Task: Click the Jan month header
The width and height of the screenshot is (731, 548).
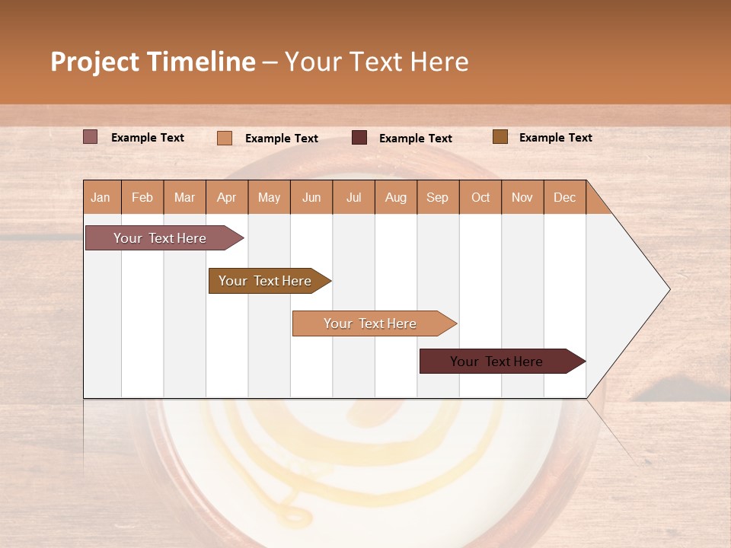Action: [101, 197]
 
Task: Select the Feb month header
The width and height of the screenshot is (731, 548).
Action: [142, 197]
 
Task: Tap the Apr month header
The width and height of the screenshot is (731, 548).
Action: [227, 197]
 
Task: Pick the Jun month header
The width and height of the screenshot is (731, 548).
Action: [311, 197]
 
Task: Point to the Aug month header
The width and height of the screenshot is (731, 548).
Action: [396, 197]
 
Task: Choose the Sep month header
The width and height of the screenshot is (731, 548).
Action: [438, 197]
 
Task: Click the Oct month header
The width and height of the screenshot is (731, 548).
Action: [480, 197]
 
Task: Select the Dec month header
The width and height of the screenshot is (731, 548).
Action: [565, 197]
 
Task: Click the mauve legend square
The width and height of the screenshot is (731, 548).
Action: [91, 137]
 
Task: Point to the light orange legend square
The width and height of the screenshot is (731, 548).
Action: [225, 138]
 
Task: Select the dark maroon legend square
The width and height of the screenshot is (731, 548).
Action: [359, 138]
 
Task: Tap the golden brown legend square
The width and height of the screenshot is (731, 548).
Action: [500, 137]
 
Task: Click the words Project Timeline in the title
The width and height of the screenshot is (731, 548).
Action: [153, 62]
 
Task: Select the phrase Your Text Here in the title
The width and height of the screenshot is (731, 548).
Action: [376, 62]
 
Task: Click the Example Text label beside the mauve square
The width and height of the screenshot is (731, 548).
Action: [148, 138]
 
